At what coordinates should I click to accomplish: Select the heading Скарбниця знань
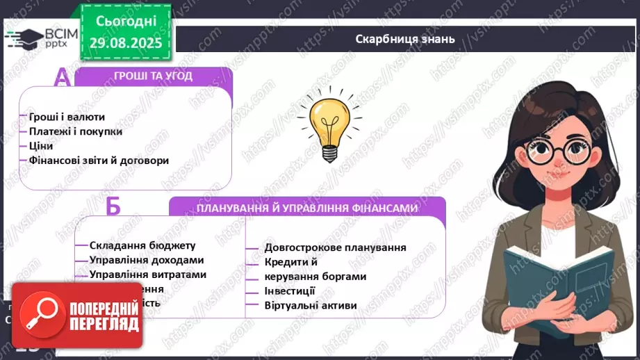[x=404, y=39]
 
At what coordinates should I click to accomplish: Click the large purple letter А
[x=62, y=77]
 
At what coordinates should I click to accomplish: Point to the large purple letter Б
[x=115, y=207]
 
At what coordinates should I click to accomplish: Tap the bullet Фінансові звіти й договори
[x=99, y=160]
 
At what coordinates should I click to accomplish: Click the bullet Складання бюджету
[x=142, y=245]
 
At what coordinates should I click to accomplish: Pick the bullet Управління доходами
[x=147, y=259]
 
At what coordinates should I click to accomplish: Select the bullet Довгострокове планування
[x=335, y=247]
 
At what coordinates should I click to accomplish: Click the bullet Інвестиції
[x=290, y=291]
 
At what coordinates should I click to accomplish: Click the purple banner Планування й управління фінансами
[x=306, y=207]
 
